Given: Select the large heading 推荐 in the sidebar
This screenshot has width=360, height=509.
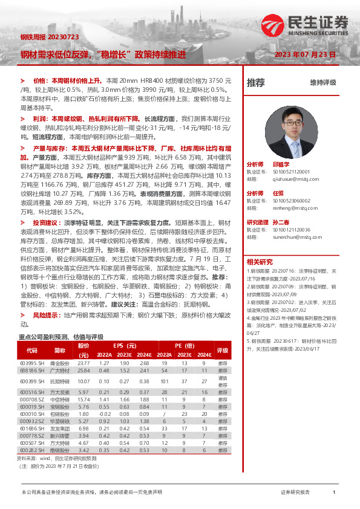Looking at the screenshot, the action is click(x=255, y=83).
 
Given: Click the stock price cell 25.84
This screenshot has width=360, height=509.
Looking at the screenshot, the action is click(x=83, y=370).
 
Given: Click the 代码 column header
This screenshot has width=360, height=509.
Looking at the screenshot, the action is click(x=31, y=350).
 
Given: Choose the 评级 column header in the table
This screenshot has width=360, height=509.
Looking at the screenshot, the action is click(x=222, y=350).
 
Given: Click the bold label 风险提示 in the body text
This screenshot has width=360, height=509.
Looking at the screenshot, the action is click(x=46, y=315).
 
